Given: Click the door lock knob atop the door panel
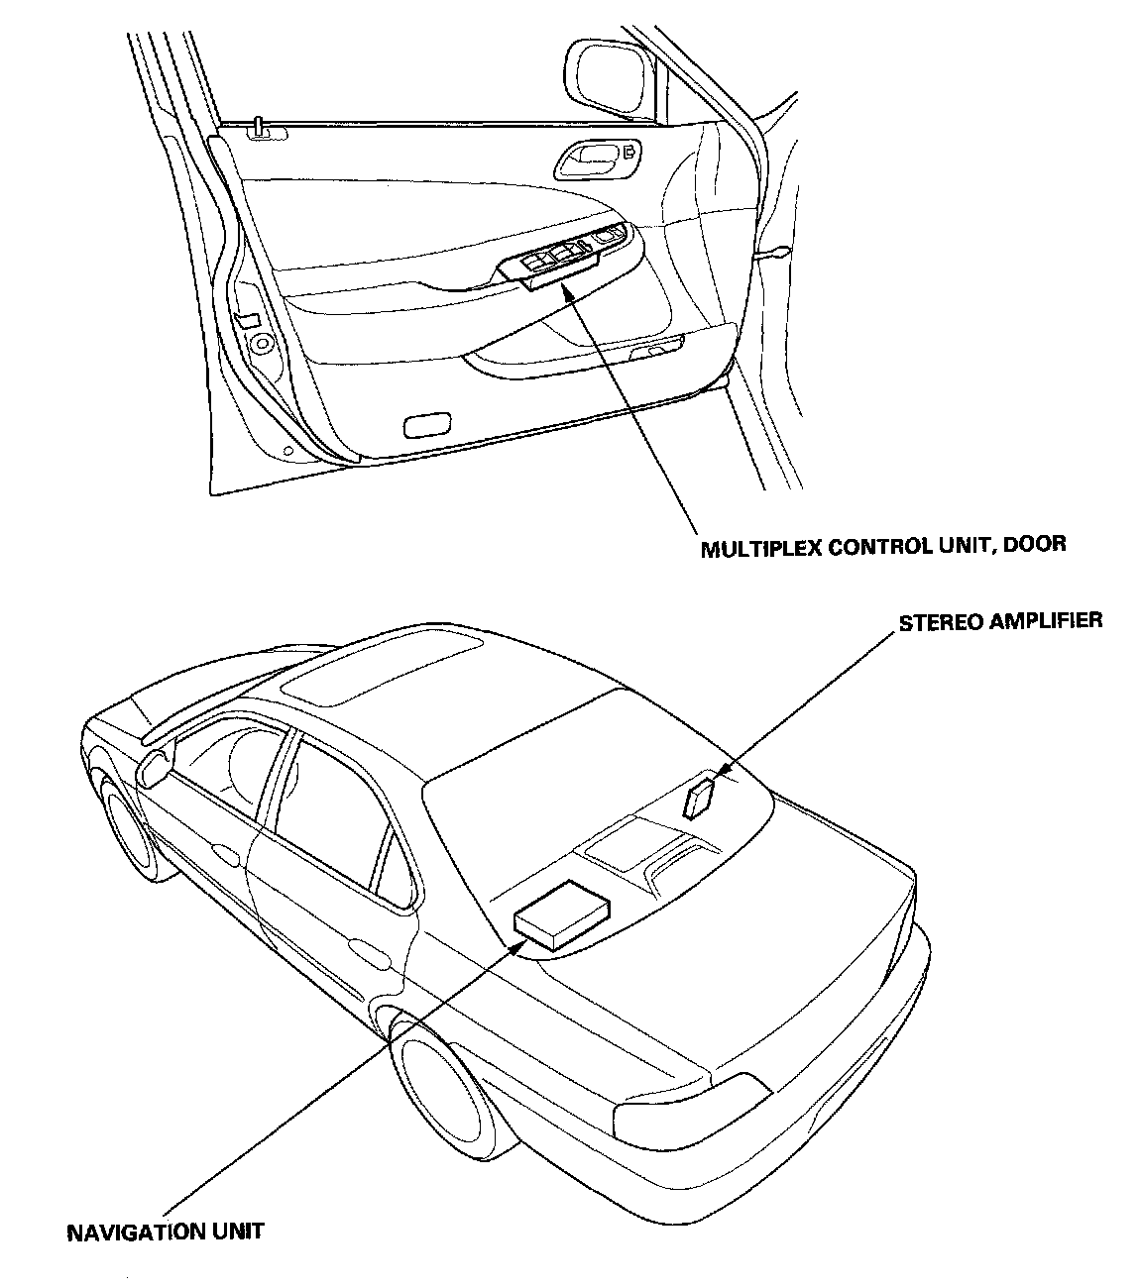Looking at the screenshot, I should [x=258, y=126].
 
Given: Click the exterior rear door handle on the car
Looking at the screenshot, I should [x=372, y=956].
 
